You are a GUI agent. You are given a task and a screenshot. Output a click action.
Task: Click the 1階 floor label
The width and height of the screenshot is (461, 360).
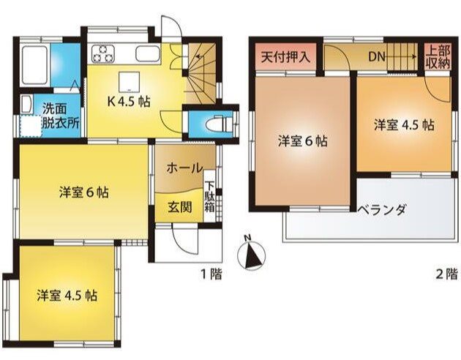coord(211,274)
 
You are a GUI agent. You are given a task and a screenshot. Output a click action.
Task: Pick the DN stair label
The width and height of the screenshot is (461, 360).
coord(376,55)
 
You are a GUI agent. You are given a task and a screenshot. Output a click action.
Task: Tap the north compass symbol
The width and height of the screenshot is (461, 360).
coord(250,255)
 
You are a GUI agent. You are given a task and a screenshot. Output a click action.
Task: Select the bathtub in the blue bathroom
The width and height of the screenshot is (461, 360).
coord(36,65)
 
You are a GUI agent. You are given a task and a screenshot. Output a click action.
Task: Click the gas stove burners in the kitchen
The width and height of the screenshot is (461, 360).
coord(102,53)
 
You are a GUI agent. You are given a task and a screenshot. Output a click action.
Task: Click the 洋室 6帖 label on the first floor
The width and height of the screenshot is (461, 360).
coord(84,193)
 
